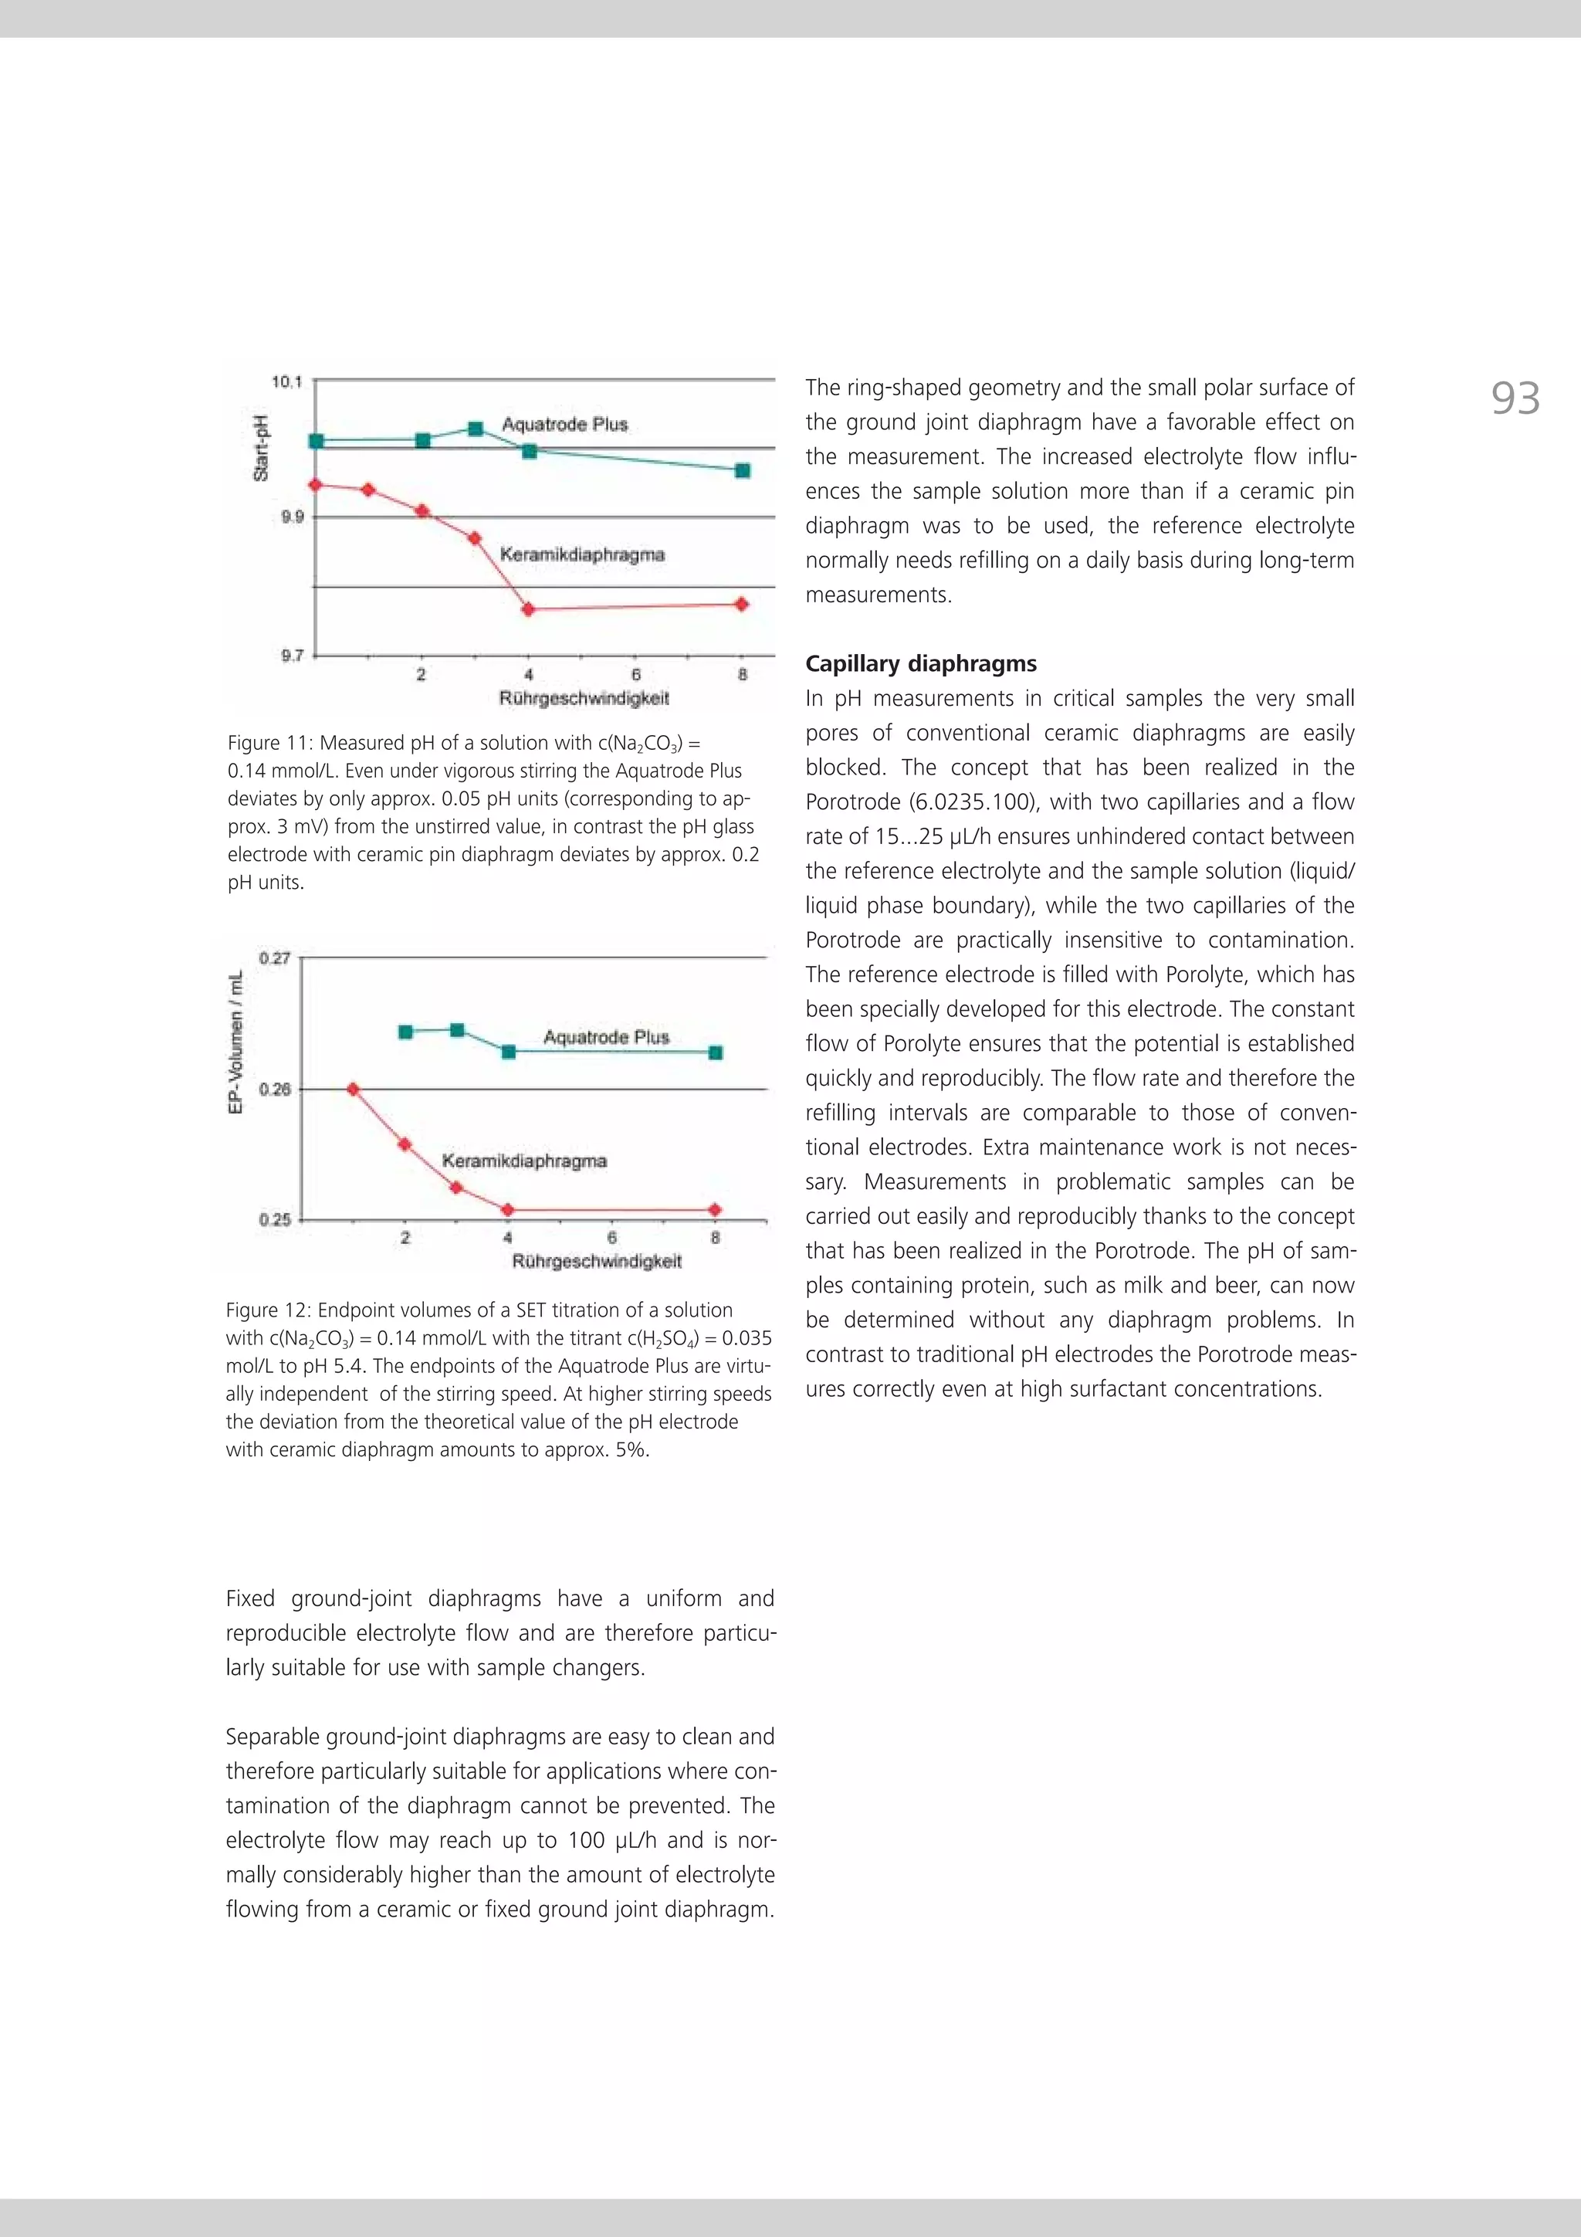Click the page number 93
(x=1515, y=398)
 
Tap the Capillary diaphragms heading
(x=920, y=663)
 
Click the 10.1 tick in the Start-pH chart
(x=287, y=382)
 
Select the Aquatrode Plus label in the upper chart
(x=564, y=424)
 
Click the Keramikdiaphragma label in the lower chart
(x=524, y=1161)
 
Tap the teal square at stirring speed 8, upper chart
(x=743, y=470)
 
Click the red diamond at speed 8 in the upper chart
(x=741, y=604)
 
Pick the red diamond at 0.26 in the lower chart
(x=353, y=1090)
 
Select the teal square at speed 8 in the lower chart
(x=716, y=1052)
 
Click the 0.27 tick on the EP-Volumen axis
(x=275, y=959)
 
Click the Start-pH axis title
(x=260, y=448)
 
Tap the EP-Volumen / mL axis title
(x=235, y=1042)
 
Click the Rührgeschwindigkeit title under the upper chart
(x=584, y=697)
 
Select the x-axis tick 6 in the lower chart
(x=611, y=1237)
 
